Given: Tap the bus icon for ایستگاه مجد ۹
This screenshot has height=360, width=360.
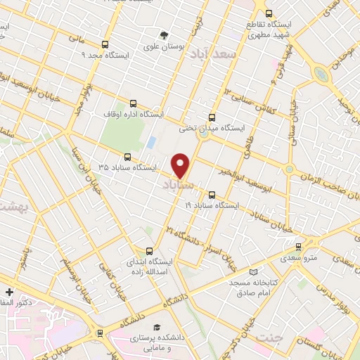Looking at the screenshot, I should coord(105,44).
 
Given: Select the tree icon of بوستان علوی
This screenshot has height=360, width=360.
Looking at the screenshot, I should coord(164,34).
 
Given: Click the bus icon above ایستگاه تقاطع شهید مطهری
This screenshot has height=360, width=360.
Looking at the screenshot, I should coord(268,13).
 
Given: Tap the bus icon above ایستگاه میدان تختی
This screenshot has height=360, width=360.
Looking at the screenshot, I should coord(212,117).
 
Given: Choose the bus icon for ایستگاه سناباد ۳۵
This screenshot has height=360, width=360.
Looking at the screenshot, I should coord(127,157).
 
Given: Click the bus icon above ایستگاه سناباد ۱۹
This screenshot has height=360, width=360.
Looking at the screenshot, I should coord(212,194).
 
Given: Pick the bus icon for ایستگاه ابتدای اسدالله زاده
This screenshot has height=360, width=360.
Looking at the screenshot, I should coord(148,250).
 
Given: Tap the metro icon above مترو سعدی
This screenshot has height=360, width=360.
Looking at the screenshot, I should coord(300,246).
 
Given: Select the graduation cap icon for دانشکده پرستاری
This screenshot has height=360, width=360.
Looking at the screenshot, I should coord(157,328).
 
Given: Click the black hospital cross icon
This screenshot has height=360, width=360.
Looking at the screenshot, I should coord(8,292).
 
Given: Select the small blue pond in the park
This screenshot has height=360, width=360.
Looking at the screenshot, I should coord(151,142).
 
